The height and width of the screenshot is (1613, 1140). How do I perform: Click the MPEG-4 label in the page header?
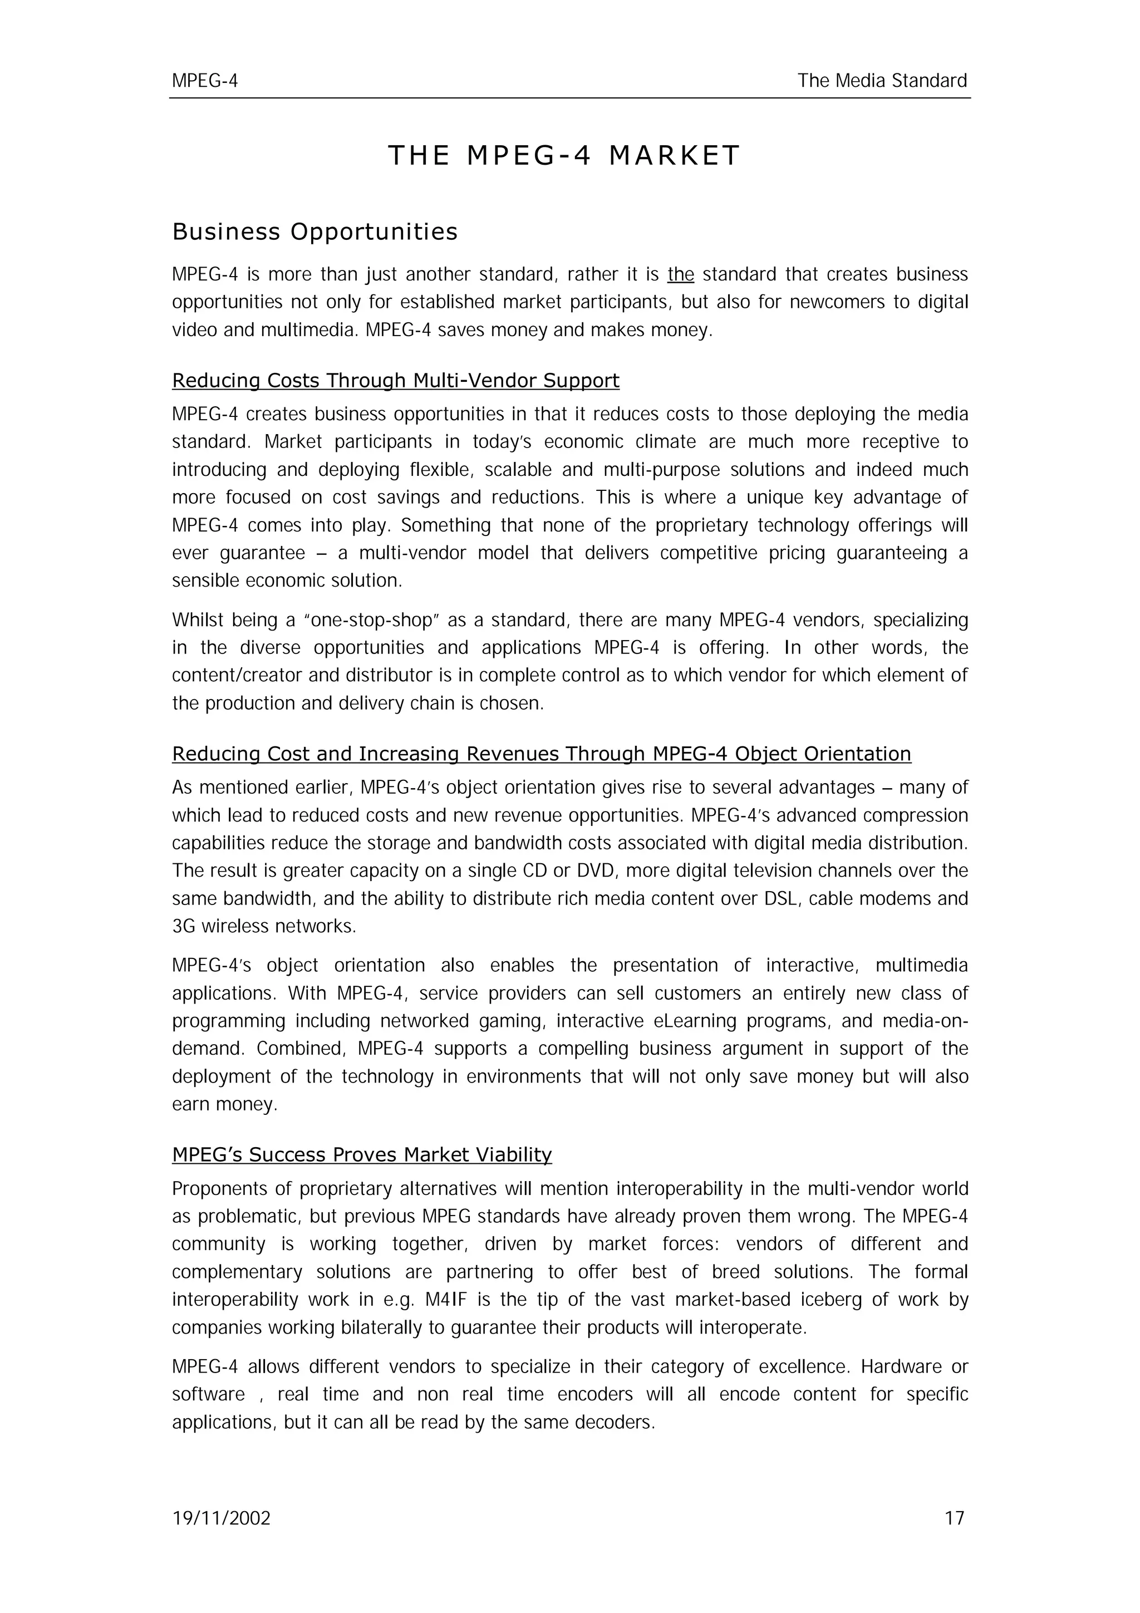click(x=205, y=81)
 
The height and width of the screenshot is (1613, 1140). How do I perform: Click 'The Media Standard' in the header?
click(x=882, y=81)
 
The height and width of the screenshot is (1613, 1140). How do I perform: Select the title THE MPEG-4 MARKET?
click(x=564, y=155)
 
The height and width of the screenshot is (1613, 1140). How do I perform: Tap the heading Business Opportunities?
click(x=315, y=232)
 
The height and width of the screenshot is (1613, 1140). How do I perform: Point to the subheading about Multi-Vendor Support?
click(x=395, y=381)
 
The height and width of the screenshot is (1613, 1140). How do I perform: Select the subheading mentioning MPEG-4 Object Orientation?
click(x=542, y=754)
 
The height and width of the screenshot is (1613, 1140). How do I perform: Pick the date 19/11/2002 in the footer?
click(x=221, y=1519)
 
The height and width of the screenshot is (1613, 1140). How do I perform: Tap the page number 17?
click(x=955, y=1519)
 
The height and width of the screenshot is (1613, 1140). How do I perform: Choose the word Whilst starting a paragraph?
click(x=195, y=621)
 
